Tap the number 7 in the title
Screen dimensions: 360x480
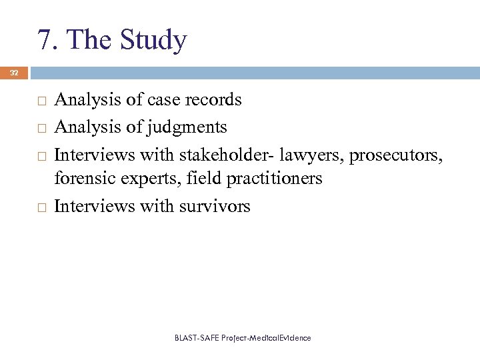click(x=45, y=41)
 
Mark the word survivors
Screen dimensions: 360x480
click(x=215, y=206)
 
